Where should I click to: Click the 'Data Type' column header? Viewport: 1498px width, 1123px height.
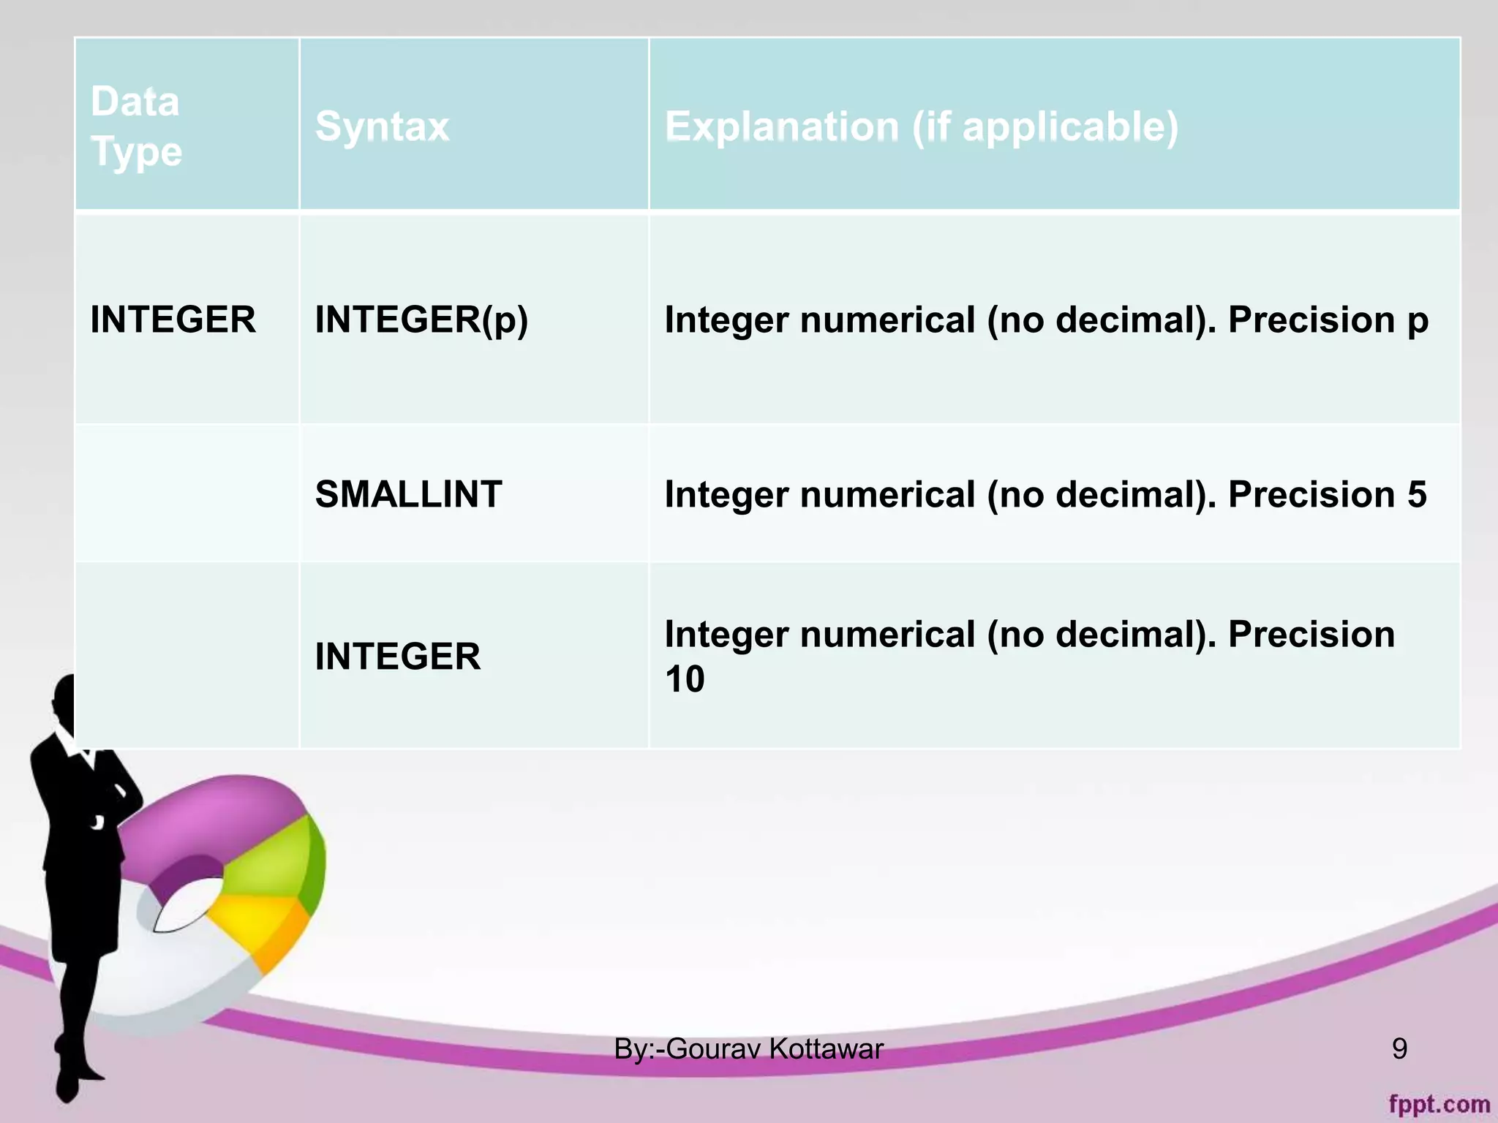pyautogui.click(x=136, y=126)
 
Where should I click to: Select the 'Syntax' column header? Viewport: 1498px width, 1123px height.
pyautogui.click(x=382, y=126)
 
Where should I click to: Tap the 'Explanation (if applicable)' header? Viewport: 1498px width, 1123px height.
pyautogui.click(x=921, y=126)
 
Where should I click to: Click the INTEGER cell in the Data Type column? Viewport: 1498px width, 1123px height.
pyautogui.click(x=173, y=319)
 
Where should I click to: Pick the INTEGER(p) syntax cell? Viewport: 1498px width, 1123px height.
pyautogui.click(x=421, y=319)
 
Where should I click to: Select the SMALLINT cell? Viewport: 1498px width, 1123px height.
pyautogui.click(x=408, y=494)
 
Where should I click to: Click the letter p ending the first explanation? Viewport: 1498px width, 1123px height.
pyautogui.click(x=1417, y=322)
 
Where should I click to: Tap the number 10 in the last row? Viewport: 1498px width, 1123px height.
pyautogui.click(x=685, y=679)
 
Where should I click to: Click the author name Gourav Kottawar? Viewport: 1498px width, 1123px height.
pyautogui.click(x=774, y=1048)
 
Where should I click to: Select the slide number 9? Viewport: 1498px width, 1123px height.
pyautogui.click(x=1399, y=1048)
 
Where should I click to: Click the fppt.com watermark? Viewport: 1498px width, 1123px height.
pyautogui.click(x=1439, y=1103)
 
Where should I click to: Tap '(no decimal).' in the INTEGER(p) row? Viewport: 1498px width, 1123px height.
pyautogui.click(x=1101, y=319)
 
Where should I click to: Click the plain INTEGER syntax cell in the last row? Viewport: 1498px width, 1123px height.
pyautogui.click(x=398, y=656)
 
